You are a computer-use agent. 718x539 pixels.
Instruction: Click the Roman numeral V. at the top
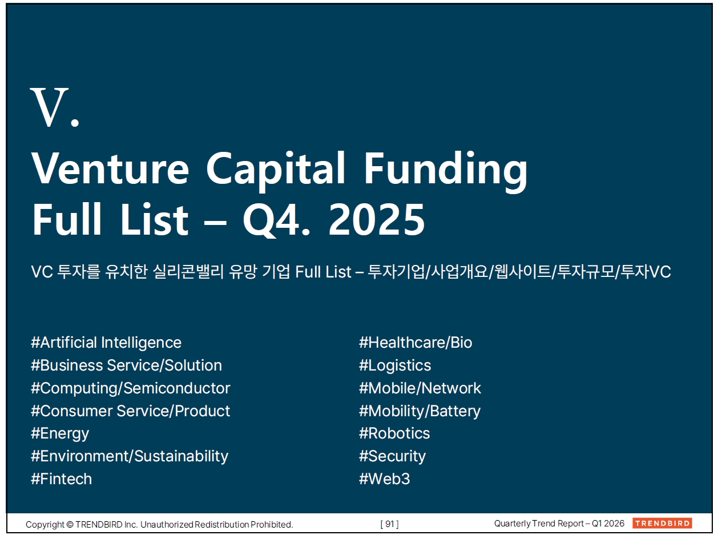pyautogui.click(x=55, y=107)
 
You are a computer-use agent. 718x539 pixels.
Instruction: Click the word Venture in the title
pyautogui.click(x=110, y=169)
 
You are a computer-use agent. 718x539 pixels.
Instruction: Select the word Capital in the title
pyautogui.click(x=276, y=171)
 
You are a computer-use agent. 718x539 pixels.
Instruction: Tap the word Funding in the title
pyautogui.click(x=446, y=171)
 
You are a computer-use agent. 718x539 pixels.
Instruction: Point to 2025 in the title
pyautogui.click(x=377, y=219)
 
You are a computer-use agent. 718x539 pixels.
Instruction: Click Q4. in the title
pyautogui.click(x=276, y=220)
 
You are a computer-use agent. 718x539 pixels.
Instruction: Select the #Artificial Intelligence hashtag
pyautogui.click(x=106, y=343)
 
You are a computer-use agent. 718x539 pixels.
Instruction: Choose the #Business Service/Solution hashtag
pyautogui.click(x=126, y=365)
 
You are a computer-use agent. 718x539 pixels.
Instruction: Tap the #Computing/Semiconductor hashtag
pyautogui.click(x=131, y=388)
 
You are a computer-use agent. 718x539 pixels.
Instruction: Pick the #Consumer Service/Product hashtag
pyautogui.click(x=130, y=411)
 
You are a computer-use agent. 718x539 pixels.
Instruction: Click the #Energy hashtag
pyautogui.click(x=60, y=434)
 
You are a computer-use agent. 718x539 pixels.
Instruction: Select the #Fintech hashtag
pyautogui.click(x=61, y=479)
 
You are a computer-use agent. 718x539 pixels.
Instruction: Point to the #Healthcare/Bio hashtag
pyautogui.click(x=416, y=343)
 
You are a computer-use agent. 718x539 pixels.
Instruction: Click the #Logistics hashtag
pyautogui.click(x=395, y=365)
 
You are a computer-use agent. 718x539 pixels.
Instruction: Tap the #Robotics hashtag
pyautogui.click(x=394, y=433)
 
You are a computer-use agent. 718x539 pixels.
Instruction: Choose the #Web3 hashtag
pyautogui.click(x=384, y=479)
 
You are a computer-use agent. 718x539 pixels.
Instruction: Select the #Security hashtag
pyautogui.click(x=392, y=457)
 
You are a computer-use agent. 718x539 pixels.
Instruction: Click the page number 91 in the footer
pyautogui.click(x=389, y=524)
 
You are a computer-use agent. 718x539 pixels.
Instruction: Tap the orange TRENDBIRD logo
pyautogui.click(x=662, y=523)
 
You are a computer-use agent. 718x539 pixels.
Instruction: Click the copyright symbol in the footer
pyautogui.click(x=70, y=524)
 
